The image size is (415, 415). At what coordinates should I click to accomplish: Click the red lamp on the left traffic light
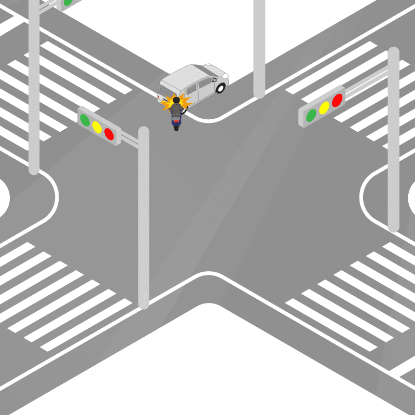(109, 134)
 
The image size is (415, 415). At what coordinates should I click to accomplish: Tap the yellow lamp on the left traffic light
(96, 126)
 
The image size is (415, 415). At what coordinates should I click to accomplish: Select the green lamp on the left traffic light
(85, 119)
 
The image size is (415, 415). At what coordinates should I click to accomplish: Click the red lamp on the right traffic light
(337, 100)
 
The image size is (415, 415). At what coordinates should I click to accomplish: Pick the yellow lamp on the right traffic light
(324, 107)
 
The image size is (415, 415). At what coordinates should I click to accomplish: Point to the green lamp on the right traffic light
(311, 115)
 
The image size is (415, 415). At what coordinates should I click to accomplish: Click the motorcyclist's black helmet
(176, 100)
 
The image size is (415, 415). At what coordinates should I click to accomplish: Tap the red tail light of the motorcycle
(176, 120)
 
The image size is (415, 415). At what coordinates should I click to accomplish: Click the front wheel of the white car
(221, 88)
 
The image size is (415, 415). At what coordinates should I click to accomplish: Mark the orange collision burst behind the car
(167, 104)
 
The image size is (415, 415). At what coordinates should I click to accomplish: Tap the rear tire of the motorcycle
(176, 127)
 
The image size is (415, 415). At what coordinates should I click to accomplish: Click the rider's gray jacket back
(176, 110)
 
